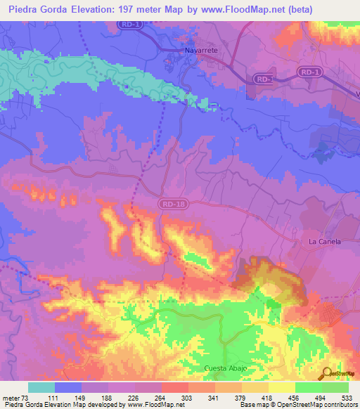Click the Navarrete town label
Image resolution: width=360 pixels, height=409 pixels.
[192, 51]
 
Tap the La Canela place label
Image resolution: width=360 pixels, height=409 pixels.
[325, 241]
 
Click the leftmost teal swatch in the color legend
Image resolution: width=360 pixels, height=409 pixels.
[41, 387]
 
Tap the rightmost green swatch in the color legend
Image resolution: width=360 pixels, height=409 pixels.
[335, 387]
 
